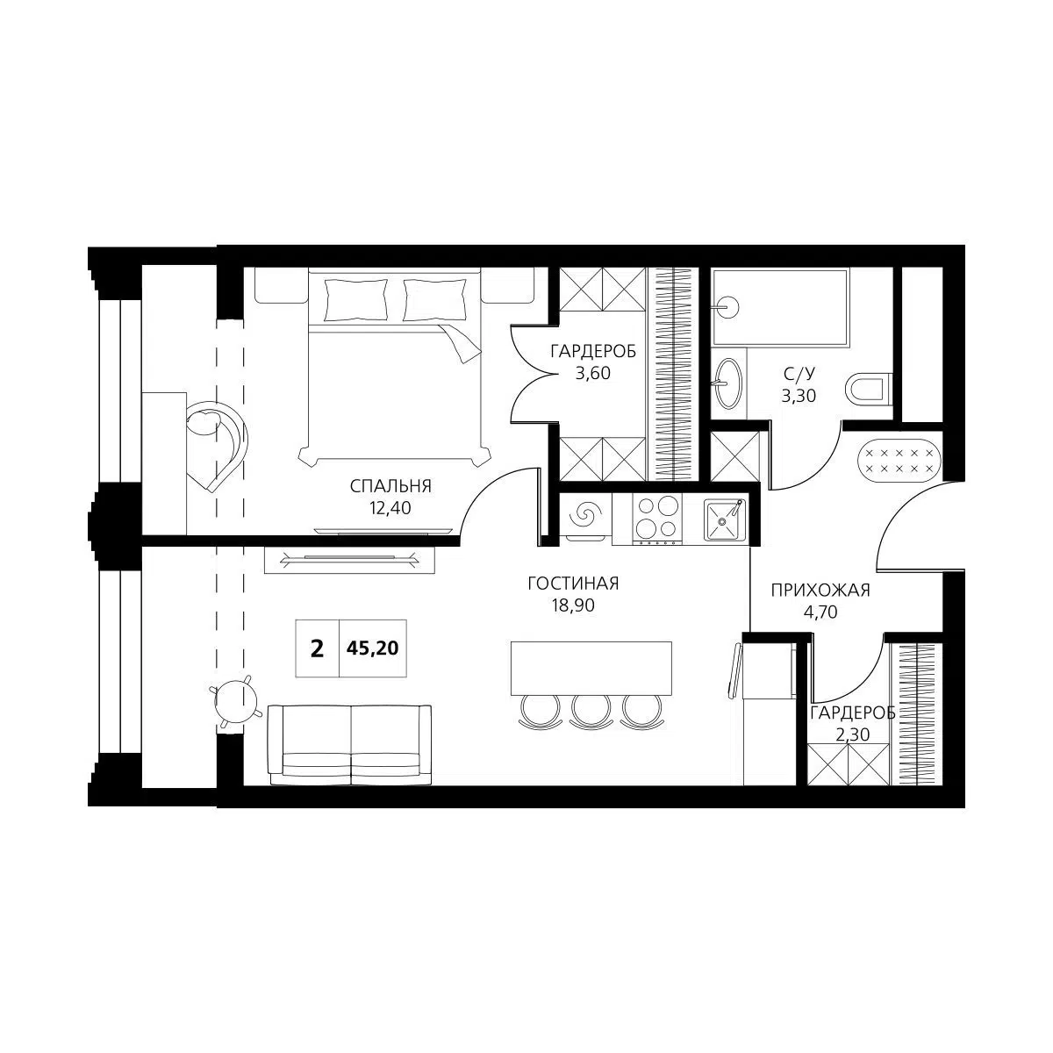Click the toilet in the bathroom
(868, 389)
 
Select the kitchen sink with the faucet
(723, 519)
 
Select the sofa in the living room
(350, 745)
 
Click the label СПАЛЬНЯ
(390, 486)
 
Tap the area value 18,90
(573, 605)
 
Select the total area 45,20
(373, 648)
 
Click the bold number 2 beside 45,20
(317, 649)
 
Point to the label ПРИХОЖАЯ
(820, 591)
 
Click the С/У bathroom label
(799, 374)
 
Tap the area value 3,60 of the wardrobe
(593, 373)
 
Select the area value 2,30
(852, 735)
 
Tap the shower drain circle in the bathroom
(727, 306)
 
